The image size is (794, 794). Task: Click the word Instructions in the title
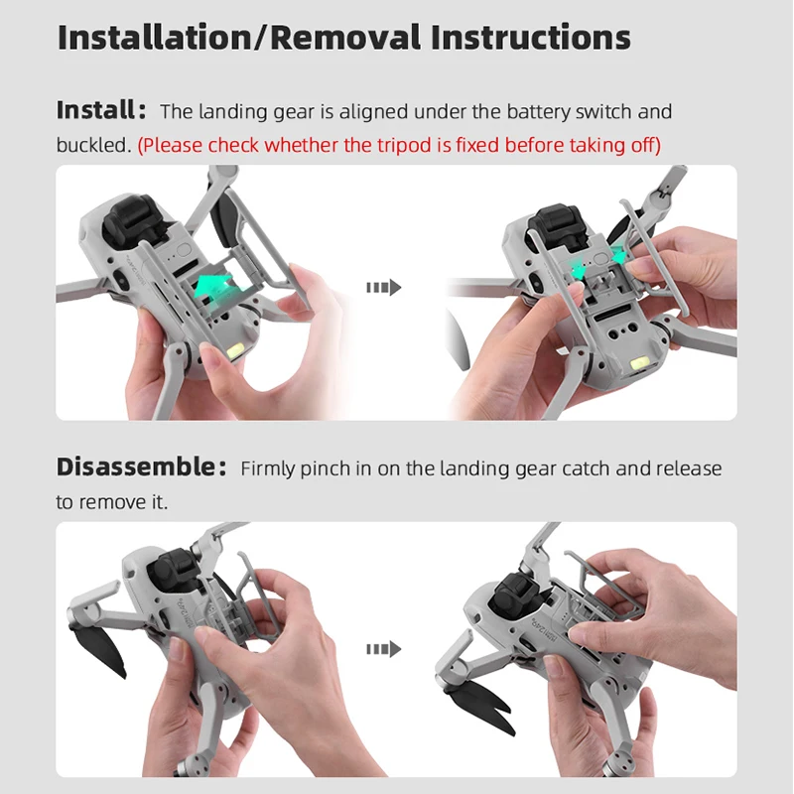tap(530, 38)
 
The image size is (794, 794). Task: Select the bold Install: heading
tap(101, 110)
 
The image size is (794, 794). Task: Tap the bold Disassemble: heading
tap(141, 466)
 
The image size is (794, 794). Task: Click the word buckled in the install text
tap(93, 145)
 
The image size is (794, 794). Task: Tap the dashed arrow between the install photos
tap(384, 288)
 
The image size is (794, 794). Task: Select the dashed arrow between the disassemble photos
tap(384, 649)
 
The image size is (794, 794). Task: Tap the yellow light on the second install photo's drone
tap(640, 363)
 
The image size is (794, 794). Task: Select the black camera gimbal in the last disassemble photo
tap(519, 596)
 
